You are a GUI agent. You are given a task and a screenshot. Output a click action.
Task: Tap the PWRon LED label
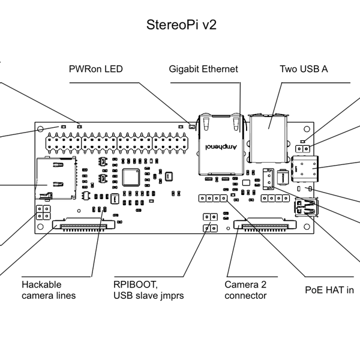click(97, 70)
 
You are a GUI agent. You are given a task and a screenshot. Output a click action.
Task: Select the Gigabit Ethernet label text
click(205, 70)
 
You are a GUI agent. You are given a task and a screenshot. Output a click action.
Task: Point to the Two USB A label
click(304, 70)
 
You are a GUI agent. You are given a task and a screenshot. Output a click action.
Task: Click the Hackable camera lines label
click(49, 289)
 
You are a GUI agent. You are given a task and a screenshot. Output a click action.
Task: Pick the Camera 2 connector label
click(245, 289)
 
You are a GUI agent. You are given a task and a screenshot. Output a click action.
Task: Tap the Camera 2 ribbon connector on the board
click(264, 226)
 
